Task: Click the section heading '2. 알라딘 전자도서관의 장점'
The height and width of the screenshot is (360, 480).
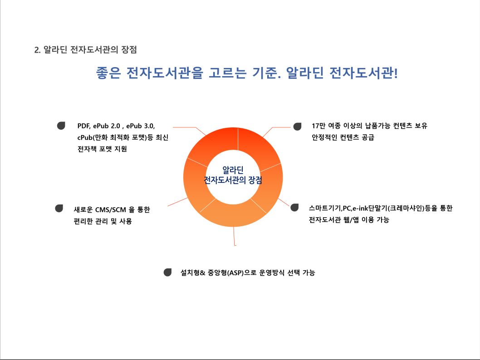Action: pyautogui.click(x=85, y=50)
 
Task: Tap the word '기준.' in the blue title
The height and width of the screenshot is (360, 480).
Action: pyautogui.click(x=266, y=73)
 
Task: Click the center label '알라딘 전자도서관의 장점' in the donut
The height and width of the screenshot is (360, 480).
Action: pyautogui.click(x=233, y=175)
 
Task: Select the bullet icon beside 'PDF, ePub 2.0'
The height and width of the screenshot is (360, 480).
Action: pyautogui.click(x=61, y=126)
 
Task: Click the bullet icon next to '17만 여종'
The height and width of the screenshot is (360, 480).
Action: pyautogui.click(x=297, y=126)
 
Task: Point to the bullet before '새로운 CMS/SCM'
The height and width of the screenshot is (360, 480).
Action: pyautogui.click(x=59, y=209)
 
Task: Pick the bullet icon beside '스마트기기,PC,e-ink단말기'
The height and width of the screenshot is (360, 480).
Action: pyautogui.click(x=294, y=207)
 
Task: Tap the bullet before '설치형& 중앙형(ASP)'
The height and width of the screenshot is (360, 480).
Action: pyautogui.click(x=167, y=272)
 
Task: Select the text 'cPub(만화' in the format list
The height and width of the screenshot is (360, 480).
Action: pyautogui.click(x=93, y=138)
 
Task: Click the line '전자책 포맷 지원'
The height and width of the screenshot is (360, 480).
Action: pyautogui.click(x=102, y=149)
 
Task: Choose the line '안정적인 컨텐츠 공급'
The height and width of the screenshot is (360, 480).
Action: pyautogui.click(x=343, y=137)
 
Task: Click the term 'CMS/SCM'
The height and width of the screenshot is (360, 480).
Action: pyautogui.click(x=111, y=210)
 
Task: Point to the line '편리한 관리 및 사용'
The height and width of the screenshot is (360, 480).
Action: pyautogui.click(x=103, y=221)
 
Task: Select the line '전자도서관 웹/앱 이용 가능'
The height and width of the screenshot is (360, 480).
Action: pyautogui.click(x=349, y=219)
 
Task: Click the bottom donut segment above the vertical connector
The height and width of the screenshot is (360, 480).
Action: pyautogui.click(x=233, y=215)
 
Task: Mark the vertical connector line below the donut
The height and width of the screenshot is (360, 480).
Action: pyautogui.click(x=234, y=236)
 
